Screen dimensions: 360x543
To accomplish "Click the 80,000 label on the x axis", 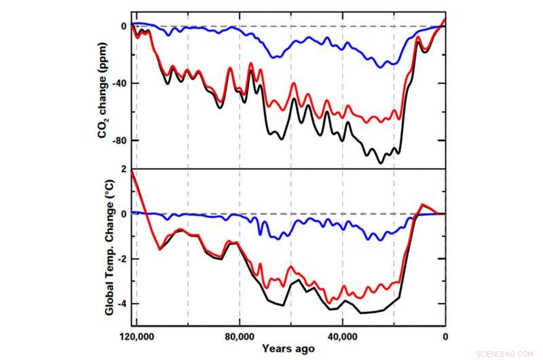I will point(240,336).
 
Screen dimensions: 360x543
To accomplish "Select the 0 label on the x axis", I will point(445,336).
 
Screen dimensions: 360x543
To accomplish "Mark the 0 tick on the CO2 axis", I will point(124,26).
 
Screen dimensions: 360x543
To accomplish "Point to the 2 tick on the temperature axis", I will point(124,168).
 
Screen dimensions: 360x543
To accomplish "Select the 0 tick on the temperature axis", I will point(124,214).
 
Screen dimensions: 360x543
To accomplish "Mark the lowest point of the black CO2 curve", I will point(381,163).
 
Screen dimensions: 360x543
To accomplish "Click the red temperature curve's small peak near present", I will point(422,204).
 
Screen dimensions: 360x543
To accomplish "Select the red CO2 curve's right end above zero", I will point(445,19).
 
